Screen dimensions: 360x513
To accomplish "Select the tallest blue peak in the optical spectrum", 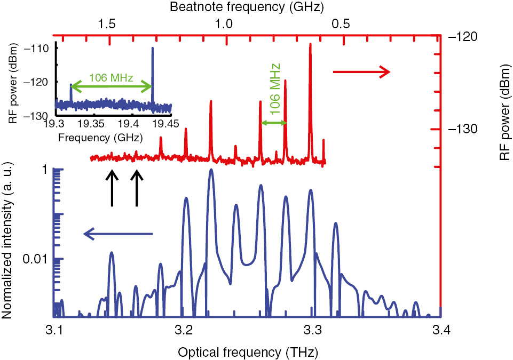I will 211,170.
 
